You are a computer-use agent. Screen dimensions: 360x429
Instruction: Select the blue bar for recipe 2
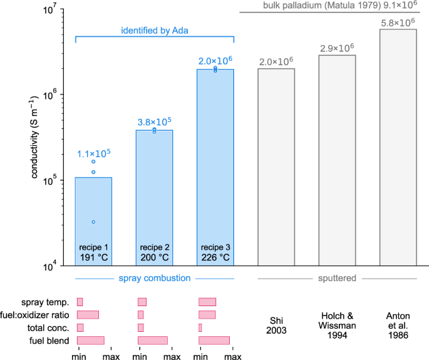coord(155,188)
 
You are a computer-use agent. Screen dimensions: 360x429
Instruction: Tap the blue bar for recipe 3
coord(215,157)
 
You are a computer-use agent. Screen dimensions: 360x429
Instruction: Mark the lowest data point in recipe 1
coord(93,222)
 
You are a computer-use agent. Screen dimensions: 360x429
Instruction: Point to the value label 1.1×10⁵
coord(93,153)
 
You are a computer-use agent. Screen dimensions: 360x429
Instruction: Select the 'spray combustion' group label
coord(155,278)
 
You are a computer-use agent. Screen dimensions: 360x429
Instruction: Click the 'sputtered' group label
coord(338,278)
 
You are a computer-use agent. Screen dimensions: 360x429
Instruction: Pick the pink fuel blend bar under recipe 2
coord(153,340)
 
